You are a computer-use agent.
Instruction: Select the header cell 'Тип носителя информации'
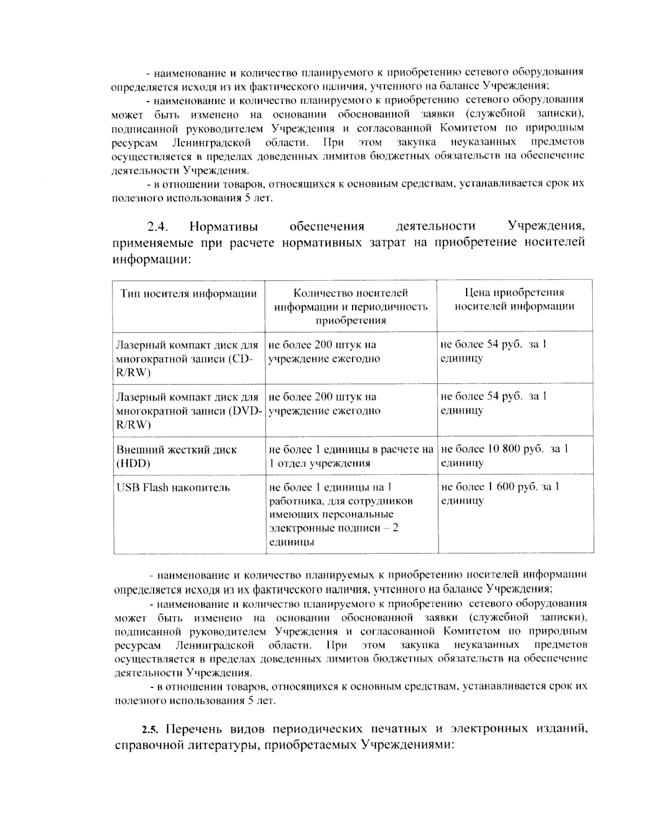(188, 294)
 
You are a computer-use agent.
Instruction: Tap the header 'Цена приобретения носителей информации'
(514, 300)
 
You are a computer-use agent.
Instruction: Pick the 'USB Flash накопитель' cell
(173, 488)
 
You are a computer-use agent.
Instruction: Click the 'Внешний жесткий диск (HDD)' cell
(177, 456)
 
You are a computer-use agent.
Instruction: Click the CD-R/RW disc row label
(187, 359)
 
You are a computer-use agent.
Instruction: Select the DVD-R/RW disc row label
(189, 411)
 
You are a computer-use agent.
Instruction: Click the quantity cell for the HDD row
(351, 455)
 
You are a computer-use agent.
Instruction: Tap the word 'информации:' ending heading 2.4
(152, 259)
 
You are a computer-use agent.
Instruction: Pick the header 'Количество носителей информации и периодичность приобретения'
(350, 306)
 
